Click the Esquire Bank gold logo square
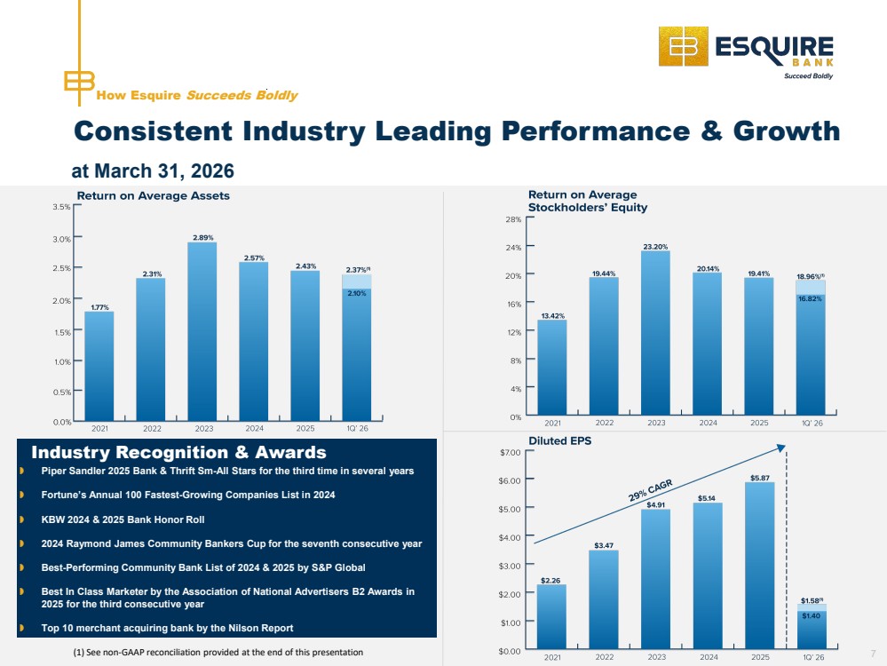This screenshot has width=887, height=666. point(684,46)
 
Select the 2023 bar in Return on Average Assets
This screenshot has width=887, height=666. point(202,331)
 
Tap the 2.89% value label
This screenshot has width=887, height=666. point(203,238)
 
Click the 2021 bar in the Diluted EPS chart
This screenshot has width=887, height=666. point(551,617)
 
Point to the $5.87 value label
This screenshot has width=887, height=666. point(760,478)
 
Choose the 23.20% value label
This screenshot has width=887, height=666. point(655,247)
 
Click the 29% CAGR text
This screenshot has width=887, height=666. point(651,490)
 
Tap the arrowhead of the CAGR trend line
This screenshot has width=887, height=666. point(781,448)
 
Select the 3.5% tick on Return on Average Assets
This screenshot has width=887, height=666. point(61,207)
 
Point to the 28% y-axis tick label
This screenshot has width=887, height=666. point(514,219)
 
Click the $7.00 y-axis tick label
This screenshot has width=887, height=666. point(511,452)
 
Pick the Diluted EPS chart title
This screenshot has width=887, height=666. point(560,440)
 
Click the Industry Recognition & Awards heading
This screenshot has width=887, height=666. point(178,452)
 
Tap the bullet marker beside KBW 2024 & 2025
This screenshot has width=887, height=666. point(21,519)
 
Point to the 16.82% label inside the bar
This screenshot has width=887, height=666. point(810,298)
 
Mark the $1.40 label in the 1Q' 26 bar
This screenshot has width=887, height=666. point(812,615)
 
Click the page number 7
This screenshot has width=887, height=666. point(874,654)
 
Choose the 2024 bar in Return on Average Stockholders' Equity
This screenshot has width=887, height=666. point(707,344)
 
